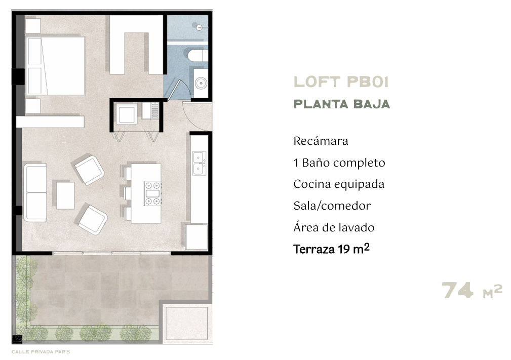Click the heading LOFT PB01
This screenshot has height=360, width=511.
[341, 82]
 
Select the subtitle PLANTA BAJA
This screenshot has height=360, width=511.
[341, 104]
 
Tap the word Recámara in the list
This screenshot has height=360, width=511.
[321, 141]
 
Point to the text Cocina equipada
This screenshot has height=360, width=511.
[339, 184]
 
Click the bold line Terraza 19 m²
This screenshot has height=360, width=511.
[331, 249]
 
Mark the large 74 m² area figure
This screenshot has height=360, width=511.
[471, 290]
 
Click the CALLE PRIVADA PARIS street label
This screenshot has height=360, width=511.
[41, 352]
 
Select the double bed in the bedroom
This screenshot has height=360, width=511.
[55, 66]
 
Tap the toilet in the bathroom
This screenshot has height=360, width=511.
[198, 55]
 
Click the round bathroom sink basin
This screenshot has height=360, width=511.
[201, 83]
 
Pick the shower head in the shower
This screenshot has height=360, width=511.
[200, 27]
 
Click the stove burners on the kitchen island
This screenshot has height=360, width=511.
[153, 193]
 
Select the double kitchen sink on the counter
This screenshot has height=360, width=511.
[199, 163]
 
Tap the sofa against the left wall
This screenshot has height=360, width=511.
[35, 192]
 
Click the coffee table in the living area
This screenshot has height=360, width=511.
[65, 195]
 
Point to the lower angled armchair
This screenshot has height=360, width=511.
[93, 219]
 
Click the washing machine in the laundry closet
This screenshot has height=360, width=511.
[127, 114]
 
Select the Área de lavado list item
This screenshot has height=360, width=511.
[334, 228]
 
